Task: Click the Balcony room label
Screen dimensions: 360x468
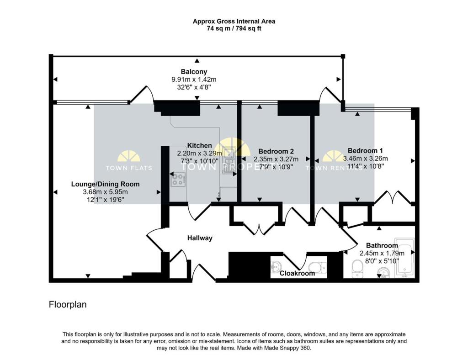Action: pos(194,72)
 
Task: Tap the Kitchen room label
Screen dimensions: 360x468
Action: pos(199,146)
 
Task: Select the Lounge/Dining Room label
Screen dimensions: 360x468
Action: pos(105,184)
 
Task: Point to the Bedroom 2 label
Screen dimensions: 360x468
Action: pos(276,151)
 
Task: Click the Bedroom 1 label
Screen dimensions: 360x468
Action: pos(365,151)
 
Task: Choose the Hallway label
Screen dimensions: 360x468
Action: pos(200,238)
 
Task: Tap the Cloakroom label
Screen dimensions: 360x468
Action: pos(297,273)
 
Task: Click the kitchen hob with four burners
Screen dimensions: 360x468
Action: pos(178,180)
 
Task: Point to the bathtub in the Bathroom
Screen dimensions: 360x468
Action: pos(404,258)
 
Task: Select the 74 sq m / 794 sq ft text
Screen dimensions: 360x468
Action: pos(234,28)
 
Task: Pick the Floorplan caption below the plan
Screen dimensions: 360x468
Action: pos(68,304)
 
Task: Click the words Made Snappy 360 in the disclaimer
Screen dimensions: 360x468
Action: pos(291,348)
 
